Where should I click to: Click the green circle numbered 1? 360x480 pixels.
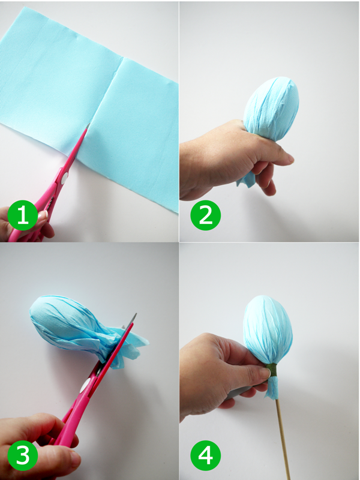coord(22,215)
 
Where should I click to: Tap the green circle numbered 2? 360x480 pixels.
coord(205,215)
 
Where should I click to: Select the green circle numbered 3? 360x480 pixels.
coord(22,455)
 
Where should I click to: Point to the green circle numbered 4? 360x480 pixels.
coord(205,455)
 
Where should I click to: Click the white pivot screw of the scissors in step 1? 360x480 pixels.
coord(64,178)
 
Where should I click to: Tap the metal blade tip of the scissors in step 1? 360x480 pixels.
coord(89,124)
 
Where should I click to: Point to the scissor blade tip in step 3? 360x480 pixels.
coord(136,314)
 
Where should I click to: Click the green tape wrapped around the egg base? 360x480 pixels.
coord(272,370)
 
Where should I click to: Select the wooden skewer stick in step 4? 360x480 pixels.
coord(283,440)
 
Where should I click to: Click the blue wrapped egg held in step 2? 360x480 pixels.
coord(271,109)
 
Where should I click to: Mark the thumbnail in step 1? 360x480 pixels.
coord(42,215)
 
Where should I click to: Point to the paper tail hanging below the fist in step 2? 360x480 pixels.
coord(247,179)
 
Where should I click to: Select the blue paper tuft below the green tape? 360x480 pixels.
coord(272,388)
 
